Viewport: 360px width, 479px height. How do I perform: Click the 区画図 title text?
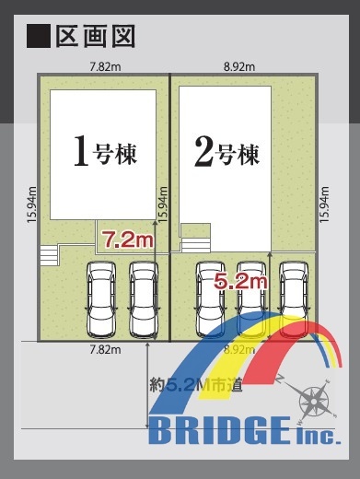click(95, 36)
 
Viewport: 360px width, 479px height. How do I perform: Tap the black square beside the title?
click(39, 36)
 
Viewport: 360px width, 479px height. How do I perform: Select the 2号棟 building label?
click(226, 152)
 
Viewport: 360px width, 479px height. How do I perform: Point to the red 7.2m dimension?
click(127, 239)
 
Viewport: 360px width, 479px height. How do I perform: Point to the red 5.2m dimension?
click(240, 281)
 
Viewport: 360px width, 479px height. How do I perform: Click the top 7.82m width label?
click(105, 67)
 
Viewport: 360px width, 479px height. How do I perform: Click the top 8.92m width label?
click(239, 67)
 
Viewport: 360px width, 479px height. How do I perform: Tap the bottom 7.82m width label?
click(105, 350)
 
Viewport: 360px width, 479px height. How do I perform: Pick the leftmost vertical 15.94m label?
click(32, 204)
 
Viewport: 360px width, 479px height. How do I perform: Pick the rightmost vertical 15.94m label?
click(324, 204)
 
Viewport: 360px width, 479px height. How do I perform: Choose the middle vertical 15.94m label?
click(163, 204)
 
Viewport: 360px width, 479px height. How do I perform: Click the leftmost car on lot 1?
click(101, 299)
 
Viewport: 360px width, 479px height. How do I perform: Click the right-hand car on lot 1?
click(144, 299)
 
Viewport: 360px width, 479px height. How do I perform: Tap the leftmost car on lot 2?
click(211, 299)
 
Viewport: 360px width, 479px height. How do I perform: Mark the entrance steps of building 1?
click(49, 255)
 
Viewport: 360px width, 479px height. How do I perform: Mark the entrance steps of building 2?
click(195, 245)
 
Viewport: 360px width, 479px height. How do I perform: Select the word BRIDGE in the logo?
click(219, 430)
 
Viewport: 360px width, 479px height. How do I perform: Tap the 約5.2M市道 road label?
click(196, 385)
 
